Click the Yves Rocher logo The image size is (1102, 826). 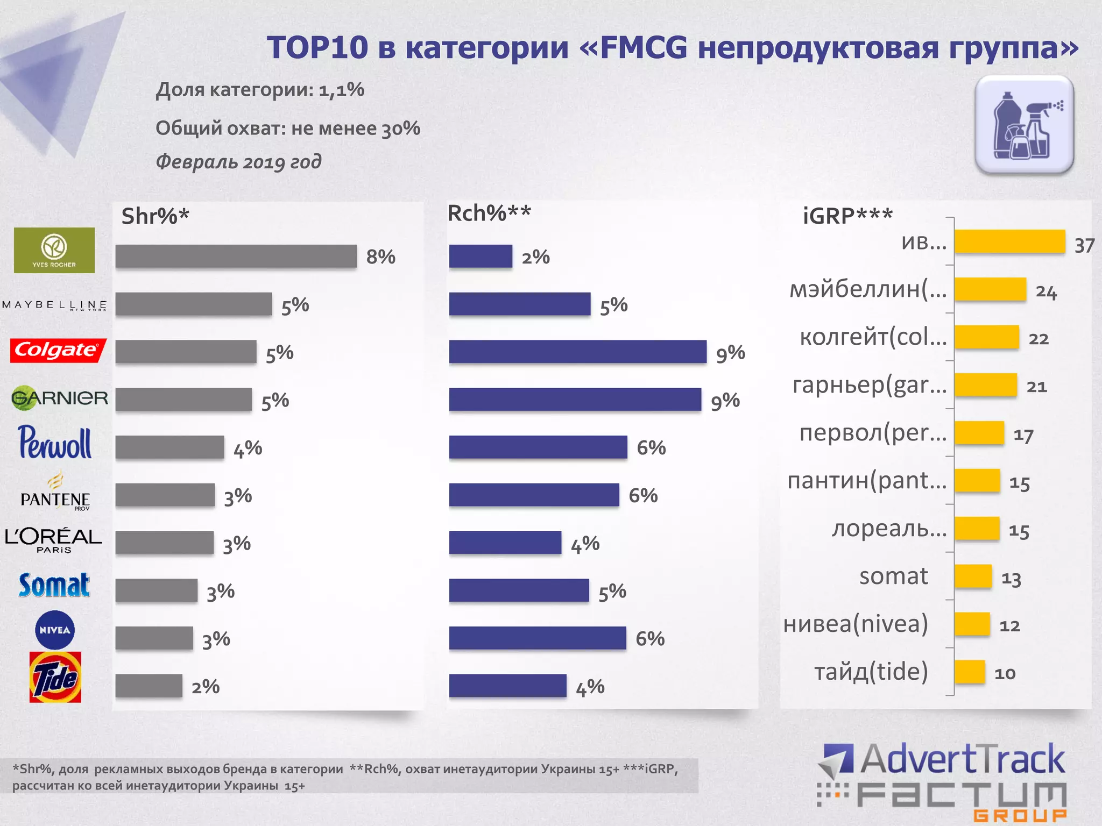(54, 250)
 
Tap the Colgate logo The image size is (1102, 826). (58, 351)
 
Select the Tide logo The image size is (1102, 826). (55, 677)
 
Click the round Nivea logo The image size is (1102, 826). (55, 630)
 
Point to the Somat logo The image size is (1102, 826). (54, 585)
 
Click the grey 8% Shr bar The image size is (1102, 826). (236, 256)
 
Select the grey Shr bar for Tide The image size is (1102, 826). (149, 686)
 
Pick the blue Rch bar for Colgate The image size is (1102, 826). (577, 352)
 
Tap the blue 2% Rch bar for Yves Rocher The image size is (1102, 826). (481, 256)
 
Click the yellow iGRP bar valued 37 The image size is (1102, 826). (1009, 241)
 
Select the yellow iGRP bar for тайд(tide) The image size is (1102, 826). (970, 672)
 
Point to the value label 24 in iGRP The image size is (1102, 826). (1046, 292)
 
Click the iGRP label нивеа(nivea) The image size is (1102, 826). (856, 624)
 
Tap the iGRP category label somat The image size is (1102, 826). (893, 576)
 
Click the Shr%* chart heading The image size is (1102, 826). (156, 216)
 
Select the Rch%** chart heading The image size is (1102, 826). (489, 213)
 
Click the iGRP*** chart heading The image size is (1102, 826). (847, 216)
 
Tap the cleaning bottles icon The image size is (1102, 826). (1025, 125)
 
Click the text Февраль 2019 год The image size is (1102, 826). (238, 161)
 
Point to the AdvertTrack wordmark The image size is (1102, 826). (962, 759)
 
